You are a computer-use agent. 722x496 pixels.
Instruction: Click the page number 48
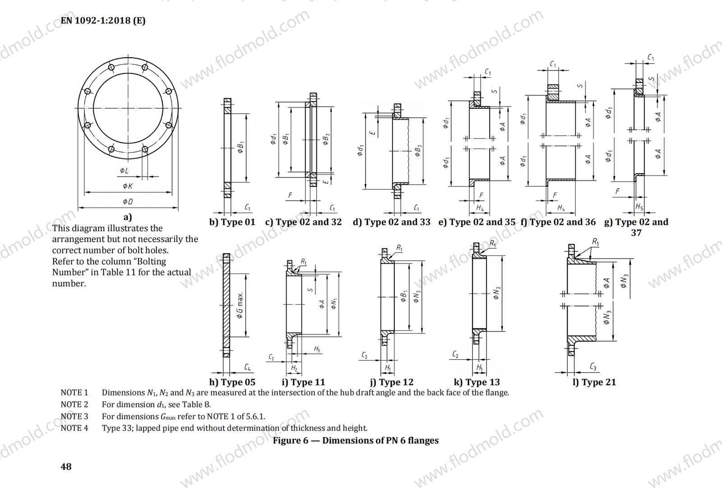click(x=66, y=467)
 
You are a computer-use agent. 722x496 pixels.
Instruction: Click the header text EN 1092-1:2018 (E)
click(x=103, y=20)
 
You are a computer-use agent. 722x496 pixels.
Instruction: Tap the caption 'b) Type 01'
click(x=232, y=222)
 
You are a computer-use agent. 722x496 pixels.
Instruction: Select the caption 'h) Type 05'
click(x=232, y=382)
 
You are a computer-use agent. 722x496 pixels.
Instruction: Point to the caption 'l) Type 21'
click(x=594, y=382)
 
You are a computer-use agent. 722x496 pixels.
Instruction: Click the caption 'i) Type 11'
click(x=303, y=382)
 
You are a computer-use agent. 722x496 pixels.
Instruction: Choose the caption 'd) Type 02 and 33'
click(x=391, y=222)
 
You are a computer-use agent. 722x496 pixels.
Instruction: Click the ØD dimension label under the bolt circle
click(x=128, y=201)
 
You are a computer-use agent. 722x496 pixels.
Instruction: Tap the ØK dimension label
click(x=128, y=186)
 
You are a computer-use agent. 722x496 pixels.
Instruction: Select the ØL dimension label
click(x=124, y=171)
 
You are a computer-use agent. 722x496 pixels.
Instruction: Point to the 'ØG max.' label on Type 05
click(x=240, y=305)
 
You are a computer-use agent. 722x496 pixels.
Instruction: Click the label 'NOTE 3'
click(x=74, y=416)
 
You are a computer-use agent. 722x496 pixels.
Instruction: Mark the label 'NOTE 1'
click(x=74, y=393)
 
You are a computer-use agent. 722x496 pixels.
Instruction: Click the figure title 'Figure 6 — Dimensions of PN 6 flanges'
click(x=356, y=440)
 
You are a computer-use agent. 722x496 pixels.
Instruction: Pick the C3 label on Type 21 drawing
click(x=593, y=367)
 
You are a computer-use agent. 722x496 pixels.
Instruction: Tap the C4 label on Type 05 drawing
click(x=247, y=367)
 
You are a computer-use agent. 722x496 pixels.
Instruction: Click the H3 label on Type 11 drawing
click(x=317, y=349)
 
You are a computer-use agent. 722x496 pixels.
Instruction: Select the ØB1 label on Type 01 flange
click(x=241, y=147)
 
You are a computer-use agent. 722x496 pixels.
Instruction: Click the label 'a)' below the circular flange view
click(x=128, y=217)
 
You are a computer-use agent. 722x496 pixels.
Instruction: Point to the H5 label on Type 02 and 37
click(x=639, y=207)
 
